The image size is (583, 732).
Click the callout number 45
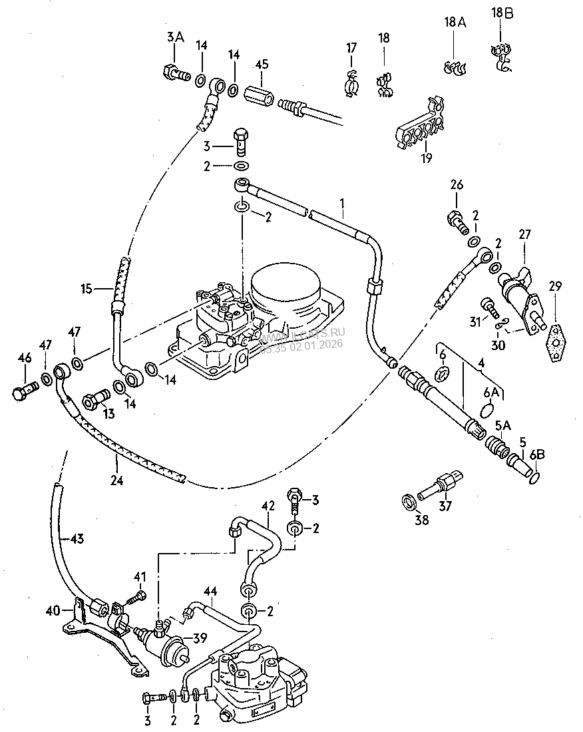262,65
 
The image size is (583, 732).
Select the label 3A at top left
174,38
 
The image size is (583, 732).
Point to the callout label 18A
455,23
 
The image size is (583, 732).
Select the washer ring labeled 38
408,499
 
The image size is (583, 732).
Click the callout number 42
268,506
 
